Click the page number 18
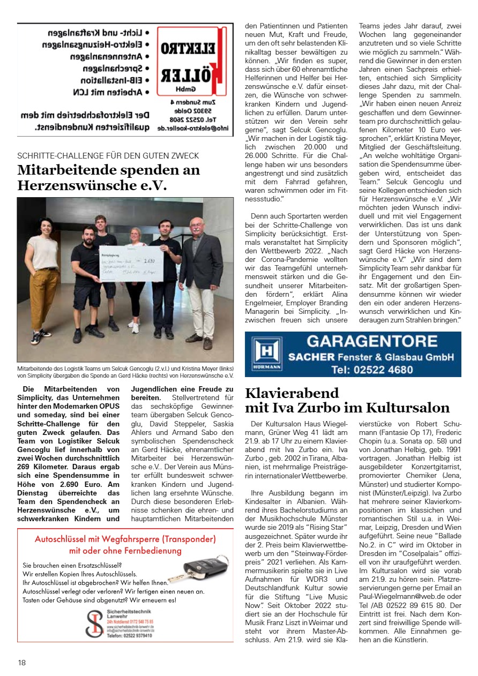21,662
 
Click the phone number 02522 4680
372,369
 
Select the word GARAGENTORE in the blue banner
372,341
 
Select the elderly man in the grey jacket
199,279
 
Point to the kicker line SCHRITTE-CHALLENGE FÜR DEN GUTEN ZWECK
108,156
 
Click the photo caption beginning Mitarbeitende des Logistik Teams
125,372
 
